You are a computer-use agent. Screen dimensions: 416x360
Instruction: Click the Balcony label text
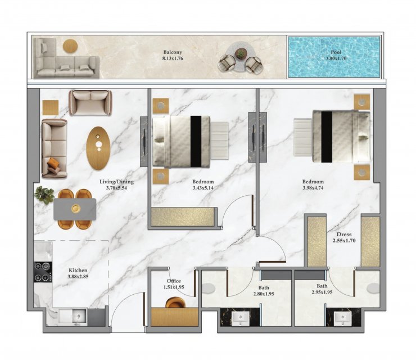click(173, 52)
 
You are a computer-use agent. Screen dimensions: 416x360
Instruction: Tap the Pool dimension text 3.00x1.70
click(336, 58)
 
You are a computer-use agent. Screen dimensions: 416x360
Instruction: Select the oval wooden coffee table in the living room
click(98, 148)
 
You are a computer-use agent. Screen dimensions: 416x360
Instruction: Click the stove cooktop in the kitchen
click(43, 272)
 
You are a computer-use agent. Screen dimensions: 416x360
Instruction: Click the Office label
click(174, 281)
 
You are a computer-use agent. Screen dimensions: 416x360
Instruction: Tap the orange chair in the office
click(175, 303)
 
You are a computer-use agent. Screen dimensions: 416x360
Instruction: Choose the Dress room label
click(344, 235)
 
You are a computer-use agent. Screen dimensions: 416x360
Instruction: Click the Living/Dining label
click(116, 182)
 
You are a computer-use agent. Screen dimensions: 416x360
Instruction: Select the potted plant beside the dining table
click(44, 195)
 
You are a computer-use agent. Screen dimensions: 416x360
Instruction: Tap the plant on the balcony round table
click(241, 54)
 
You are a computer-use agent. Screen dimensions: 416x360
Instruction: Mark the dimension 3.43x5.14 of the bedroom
click(203, 188)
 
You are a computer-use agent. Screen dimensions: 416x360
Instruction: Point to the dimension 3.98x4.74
click(313, 188)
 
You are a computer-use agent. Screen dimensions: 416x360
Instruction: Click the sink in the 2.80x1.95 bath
click(241, 318)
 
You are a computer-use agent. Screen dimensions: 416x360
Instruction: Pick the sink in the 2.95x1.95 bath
click(343, 318)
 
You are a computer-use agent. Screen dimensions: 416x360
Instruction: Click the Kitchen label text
click(78, 270)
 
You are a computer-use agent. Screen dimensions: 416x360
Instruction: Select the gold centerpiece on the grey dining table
click(76, 209)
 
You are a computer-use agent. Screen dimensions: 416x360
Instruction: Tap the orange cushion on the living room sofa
click(54, 163)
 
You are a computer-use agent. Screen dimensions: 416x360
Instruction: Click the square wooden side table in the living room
click(51, 107)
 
